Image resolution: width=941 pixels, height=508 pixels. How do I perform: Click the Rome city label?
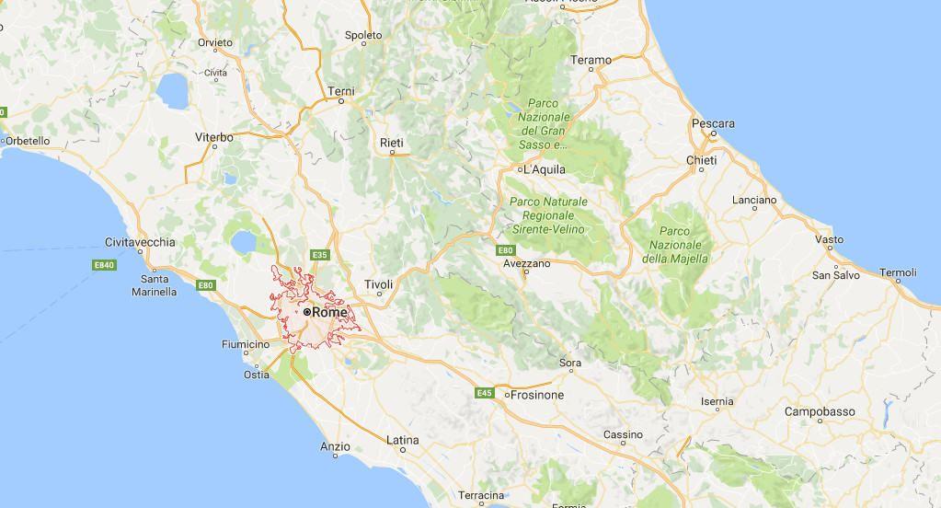click(330, 312)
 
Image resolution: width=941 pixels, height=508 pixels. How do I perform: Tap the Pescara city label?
click(713, 123)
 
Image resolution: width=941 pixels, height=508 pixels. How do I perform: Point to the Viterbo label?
click(213, 137)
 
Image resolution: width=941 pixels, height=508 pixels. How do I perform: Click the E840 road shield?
click(104, 265)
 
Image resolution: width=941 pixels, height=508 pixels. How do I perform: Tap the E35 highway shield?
click(320, 255)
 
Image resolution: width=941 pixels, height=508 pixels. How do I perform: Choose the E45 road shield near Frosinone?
click(484, 393)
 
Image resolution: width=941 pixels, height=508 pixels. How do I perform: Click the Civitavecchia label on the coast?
click(140, 242)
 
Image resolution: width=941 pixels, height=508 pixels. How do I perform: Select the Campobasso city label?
click(820, 411)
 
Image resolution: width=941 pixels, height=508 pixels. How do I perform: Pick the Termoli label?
click(898, 272)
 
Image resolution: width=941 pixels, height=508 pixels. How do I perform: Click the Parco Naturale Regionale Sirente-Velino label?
click(547, 214)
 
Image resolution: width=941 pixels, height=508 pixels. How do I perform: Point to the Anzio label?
click(335, 446)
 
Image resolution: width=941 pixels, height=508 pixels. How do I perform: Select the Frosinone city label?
click(537, 395)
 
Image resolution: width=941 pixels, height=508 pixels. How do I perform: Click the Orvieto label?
click(215, 42)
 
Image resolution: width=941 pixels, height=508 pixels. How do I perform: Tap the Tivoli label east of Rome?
click(378, 284)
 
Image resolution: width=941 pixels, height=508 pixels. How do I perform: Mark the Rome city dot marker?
click(307, 312)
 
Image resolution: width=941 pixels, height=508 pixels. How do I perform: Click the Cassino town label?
click(623, 434)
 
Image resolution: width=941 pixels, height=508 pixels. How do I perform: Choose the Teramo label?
click(591, 60)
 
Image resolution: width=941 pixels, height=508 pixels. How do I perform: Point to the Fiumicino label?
click(246, 344)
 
